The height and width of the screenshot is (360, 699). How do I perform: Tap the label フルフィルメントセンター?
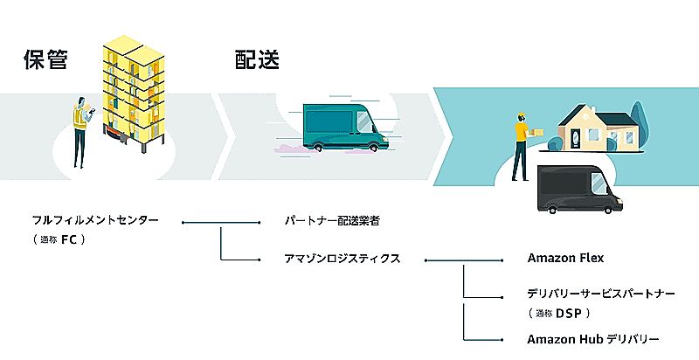(x=95, y=221)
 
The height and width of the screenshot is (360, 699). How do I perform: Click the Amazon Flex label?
(x=565, y=259)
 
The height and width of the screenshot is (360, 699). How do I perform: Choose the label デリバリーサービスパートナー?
(x=600, y=294)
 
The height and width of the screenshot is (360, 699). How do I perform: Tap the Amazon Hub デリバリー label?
(x=592, y=339)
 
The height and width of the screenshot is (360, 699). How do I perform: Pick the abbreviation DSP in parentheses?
(x=568, y=312)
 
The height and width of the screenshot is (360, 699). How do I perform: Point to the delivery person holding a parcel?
(x=522, y=144)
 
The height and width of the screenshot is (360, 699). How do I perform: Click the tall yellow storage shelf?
(x=134, y=87)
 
